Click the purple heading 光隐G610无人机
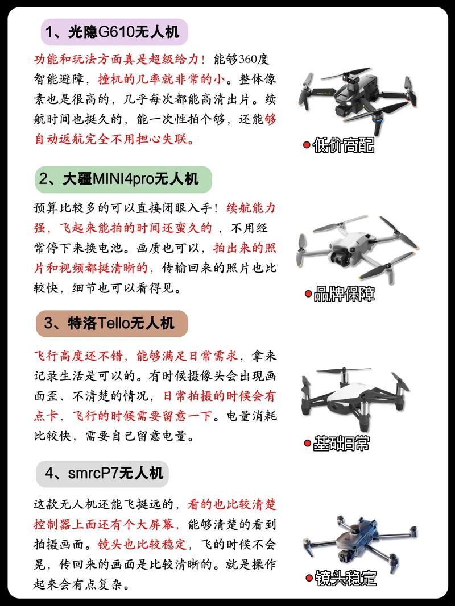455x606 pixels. pyautogui.click(x=114, y=32)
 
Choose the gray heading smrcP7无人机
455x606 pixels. pyautogui.click(x=102, y=474)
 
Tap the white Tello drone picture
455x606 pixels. pyautogui.click(x=355, y=398)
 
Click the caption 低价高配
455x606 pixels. pyautogui.click(x=344, y=145)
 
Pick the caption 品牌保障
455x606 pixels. pyautogui.click(x=344, y=294)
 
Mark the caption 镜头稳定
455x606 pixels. pyautogui.click(x=346, y=579)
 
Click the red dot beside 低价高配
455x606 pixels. pyautogui.click(x=306, y=145)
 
